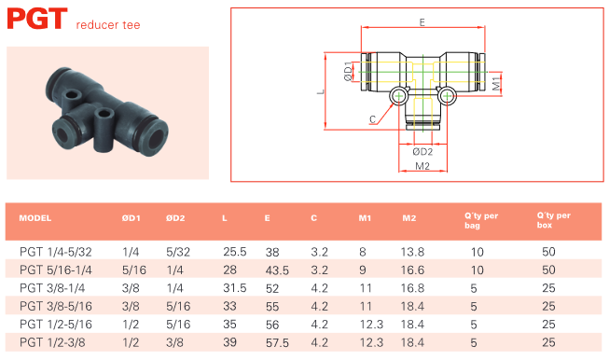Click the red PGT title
(37, 19)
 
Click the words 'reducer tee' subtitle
(108, 25)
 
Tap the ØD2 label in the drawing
(422, 152)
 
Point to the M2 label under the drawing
(422, 166)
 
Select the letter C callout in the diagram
(372, 119)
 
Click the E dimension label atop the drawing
(422, 22)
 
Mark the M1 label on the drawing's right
(496, 84)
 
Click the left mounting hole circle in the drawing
(398, 96)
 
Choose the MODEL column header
(35, 218)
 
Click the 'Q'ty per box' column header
(553, 220)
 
